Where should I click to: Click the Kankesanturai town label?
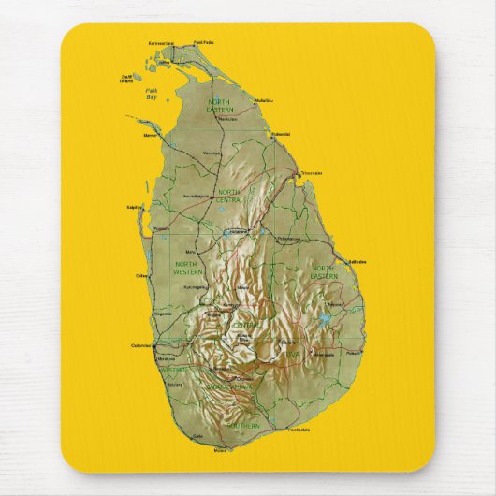pyautogui.click(x=162, y=43)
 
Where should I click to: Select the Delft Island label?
pyautogui.click(x=128, y=79)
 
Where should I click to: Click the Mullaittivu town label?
pyautogui.click(x=263, y=100)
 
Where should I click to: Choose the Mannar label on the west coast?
pyautogui.click(x=150, y=136)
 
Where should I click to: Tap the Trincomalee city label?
pyautogui.click(x=312, y=173)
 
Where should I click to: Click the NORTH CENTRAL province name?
pyautogui.click(x=229, y=196)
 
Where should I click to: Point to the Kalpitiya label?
pyautogui.click(x=134, y=207)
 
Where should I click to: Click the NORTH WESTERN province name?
pyautogui.click(x=188, y=269)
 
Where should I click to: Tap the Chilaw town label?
pyautogui.click(x=142, y=276)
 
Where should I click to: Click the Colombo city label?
pyautogui.click(x=142, y=346)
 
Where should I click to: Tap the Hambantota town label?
pyautogui.click(x=299, y=430)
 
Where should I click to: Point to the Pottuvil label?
pyautogui.click(x=353, y=354)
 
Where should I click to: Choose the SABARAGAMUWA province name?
pyautogui.click(x=228, y=386)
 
